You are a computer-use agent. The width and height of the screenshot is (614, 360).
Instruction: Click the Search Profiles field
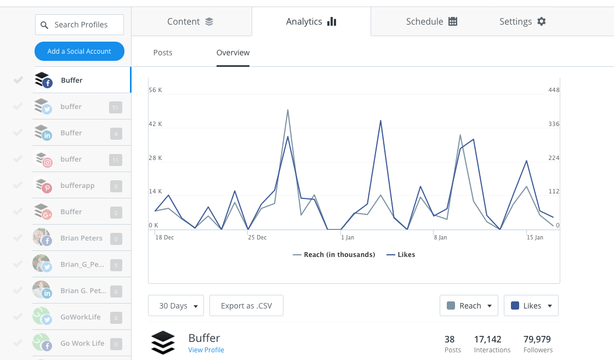(x=80, y=25)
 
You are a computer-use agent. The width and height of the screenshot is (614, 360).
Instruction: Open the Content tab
(x=190, y=22)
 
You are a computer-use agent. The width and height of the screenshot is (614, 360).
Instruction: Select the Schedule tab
(x=431, y=22)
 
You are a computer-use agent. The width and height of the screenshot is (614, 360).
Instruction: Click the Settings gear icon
(x=542, y=22)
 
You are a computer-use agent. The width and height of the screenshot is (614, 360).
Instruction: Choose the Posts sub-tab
(x=163, y=53)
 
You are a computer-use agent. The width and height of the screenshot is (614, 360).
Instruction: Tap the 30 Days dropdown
(x=176, y=306)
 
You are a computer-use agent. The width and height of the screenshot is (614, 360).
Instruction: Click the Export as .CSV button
(x=246, y=306)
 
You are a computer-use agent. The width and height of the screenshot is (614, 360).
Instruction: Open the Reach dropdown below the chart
(x=469, y=306)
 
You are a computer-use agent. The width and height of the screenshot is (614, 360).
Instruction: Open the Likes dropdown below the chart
(x=531, y=306)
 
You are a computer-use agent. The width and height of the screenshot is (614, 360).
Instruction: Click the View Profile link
(x=206, y=350)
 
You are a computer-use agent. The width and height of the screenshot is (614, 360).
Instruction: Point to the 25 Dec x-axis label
(x=257, y=237)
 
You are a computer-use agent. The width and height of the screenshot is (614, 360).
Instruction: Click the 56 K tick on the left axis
(x=156, y=90)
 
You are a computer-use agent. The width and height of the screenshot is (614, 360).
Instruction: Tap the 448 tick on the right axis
(x=554, y=90)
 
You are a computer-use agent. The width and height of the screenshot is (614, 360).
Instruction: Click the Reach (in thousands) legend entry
(x=334, y=255)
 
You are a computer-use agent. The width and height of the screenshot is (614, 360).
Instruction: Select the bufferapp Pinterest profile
(x=77, y=186)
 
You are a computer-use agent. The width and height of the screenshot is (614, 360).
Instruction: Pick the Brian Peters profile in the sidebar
(x=81, y=238)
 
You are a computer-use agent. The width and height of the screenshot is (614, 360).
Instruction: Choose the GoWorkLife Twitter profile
(x=81, y=317)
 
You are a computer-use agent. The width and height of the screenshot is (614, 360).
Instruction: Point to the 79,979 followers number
(x=537, y=340)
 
